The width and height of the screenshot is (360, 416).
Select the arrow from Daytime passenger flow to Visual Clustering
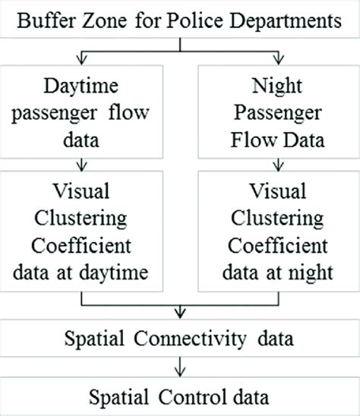pos(80,162)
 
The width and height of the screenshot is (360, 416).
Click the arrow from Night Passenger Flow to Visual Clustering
pos(279,162)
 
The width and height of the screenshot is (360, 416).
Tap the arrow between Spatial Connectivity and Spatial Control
pos(180,365)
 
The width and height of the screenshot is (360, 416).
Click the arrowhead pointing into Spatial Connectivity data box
pos(180,314)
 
